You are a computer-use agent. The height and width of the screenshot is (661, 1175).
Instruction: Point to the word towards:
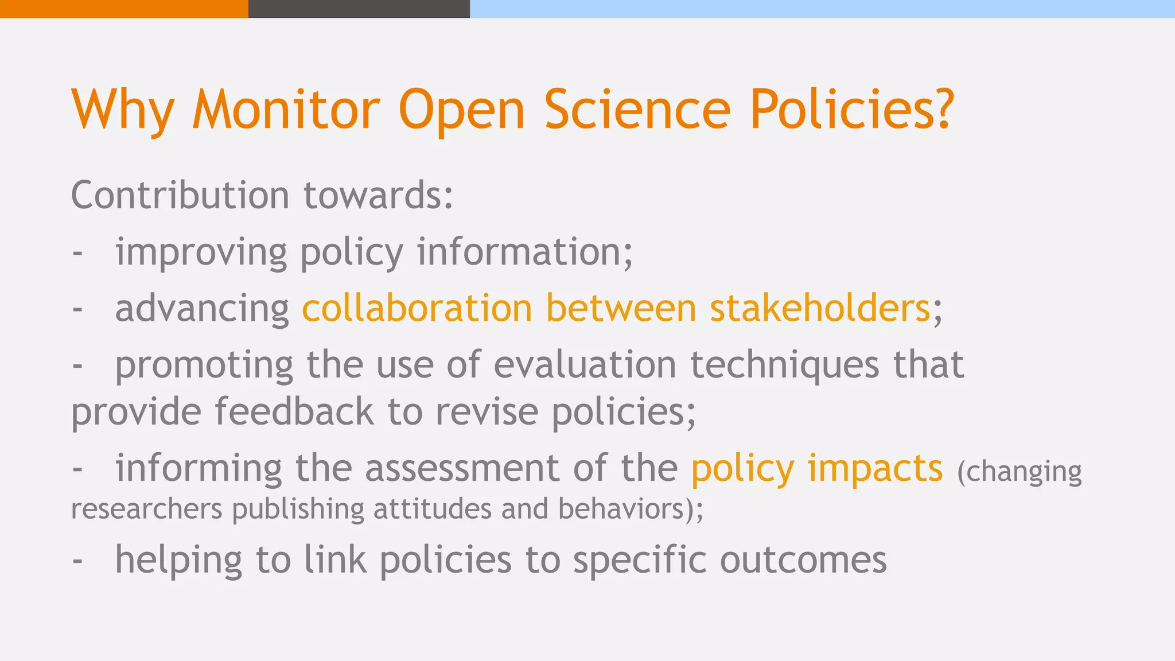[x=378, y=195]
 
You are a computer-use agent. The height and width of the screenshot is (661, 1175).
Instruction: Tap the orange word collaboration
[x=417, y=308]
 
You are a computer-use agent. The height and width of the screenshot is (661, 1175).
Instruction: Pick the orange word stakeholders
[x=820, y=308]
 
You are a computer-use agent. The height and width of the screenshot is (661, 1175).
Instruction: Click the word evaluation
[x=585, y=365]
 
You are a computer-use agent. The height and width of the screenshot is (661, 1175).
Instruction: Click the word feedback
[x=294, y=411]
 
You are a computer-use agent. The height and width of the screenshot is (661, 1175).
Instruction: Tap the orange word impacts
[x=875, y=468]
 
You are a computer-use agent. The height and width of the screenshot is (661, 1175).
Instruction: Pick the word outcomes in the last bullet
[x=803, y=559]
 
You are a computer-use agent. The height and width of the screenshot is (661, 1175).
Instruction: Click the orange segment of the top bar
[x=124, y=9]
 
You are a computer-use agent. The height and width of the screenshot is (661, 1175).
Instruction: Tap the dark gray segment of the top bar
[x=359, y=9]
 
